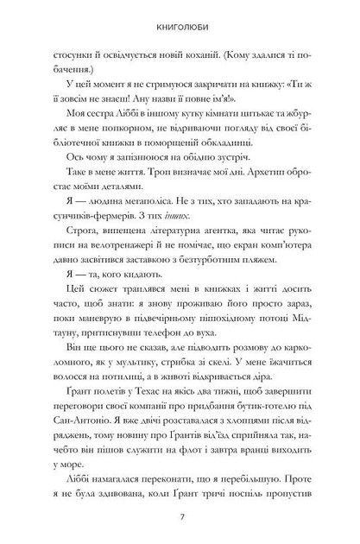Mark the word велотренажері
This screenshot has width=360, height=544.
[x=114, y=250]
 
